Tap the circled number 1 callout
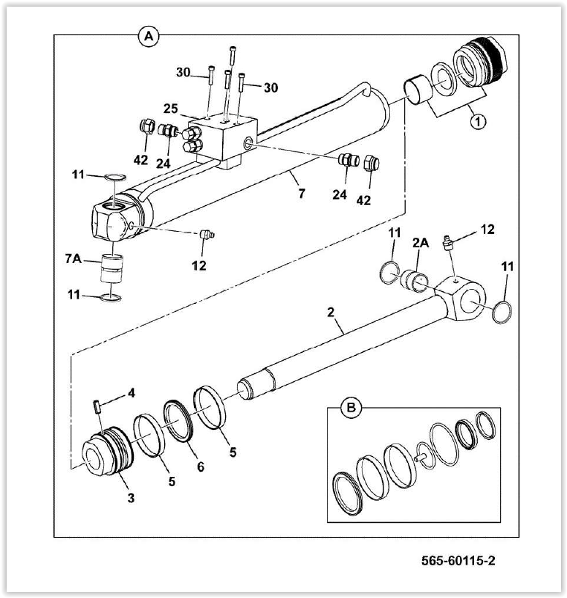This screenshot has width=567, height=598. (479, 120)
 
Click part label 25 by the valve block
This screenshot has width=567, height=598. (172, 109)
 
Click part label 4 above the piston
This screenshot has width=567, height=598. (131, 393)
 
